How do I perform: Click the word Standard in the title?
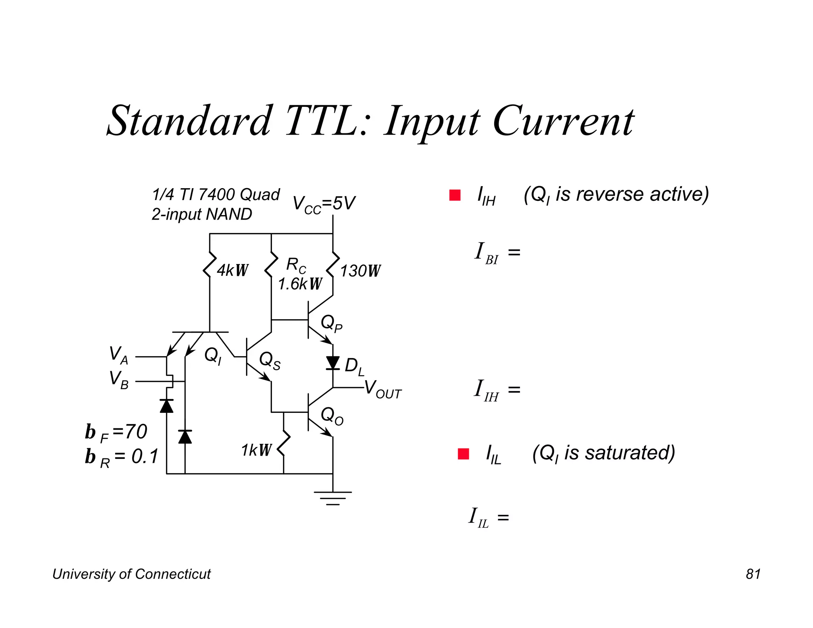coord(190,121)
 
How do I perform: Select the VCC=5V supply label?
coord(324,204)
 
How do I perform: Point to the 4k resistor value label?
coord(232,270)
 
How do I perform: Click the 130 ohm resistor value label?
coord(360,271)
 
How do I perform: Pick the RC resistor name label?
coord(296,265)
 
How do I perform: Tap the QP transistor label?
coord(331,323)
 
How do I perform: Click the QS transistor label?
coord(270,360)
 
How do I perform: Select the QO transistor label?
coord(332,416)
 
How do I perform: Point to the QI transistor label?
coord(213,355)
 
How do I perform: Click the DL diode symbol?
coord(333,363)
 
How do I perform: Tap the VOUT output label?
coord(383,389)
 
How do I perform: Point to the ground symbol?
coord(333,498)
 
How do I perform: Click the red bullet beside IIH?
coord(455,195)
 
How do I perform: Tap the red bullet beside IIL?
coord(463,453)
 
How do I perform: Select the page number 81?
coord(753,574)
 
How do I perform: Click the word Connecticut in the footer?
coord(173,574)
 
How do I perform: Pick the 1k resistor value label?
coord(256,450)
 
